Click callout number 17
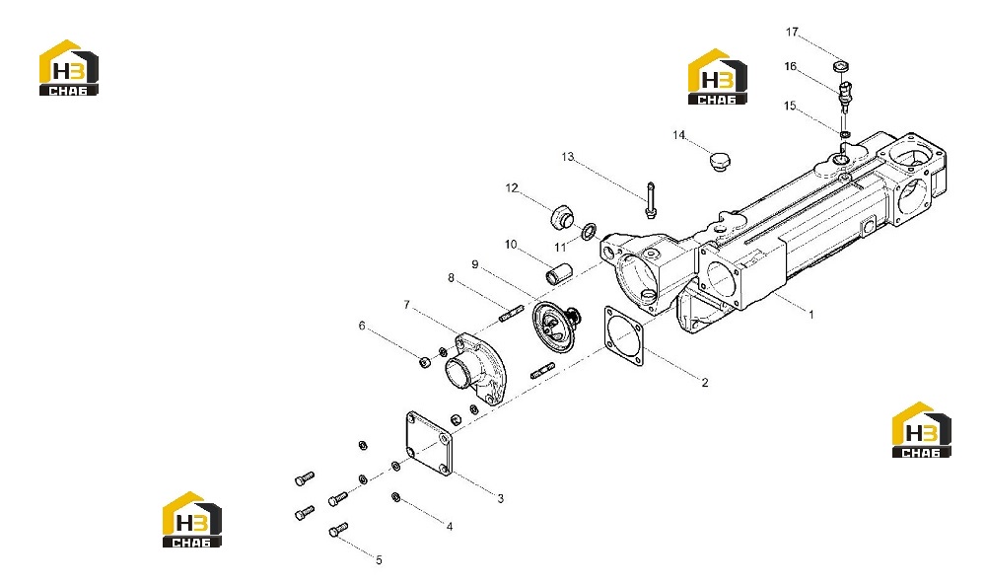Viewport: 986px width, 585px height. pyautogui.click(x=792, y=32)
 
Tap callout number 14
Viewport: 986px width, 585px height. pyautogui.click(x=679, y=135)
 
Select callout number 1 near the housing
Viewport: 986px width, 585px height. pyautogui.click(x=811, y=314)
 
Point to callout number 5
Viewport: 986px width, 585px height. pyautogui.click(x=380, y=559)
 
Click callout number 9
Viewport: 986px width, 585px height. pyautogui.click(x=475, y=264)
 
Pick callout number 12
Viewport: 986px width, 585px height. pyautogui.click(x=512, y=188)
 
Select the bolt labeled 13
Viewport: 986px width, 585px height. pyautogui.click(x=650, y=200)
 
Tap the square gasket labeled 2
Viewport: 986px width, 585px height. pyautogui.click(x=623, y=336)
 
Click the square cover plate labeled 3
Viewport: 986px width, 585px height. pyautogui.click(x=429, y=444)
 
